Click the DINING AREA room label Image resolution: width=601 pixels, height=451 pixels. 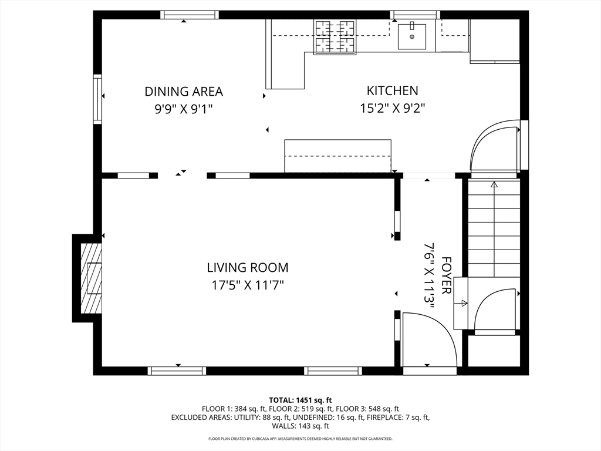tap(184, 92)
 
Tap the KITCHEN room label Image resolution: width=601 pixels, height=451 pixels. tap(393, 90)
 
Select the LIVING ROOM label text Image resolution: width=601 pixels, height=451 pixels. tap(248, 267)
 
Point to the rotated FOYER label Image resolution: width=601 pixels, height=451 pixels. tap(446, 275)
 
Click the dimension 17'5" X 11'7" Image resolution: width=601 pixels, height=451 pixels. tap(248, 285)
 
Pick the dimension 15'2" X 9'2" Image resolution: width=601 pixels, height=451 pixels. tap(393, 109)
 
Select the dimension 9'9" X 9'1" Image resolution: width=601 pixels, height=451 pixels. tap(184, 109)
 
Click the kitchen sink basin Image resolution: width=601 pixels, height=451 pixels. tap(411, 36)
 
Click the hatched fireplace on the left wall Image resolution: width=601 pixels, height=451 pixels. tap(91, 278)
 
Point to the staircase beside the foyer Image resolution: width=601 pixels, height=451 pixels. tap(494, 228)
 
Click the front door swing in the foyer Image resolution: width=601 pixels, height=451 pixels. tap(429, 340)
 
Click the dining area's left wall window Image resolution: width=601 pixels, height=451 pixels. tap(97, 99)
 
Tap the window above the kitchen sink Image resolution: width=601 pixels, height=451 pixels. tap(415, 15)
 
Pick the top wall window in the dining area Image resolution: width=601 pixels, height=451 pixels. tap(190, 15)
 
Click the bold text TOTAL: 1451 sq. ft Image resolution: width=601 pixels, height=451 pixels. tap(300, 400)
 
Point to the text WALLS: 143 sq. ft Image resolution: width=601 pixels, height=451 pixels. tap(300, 426)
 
